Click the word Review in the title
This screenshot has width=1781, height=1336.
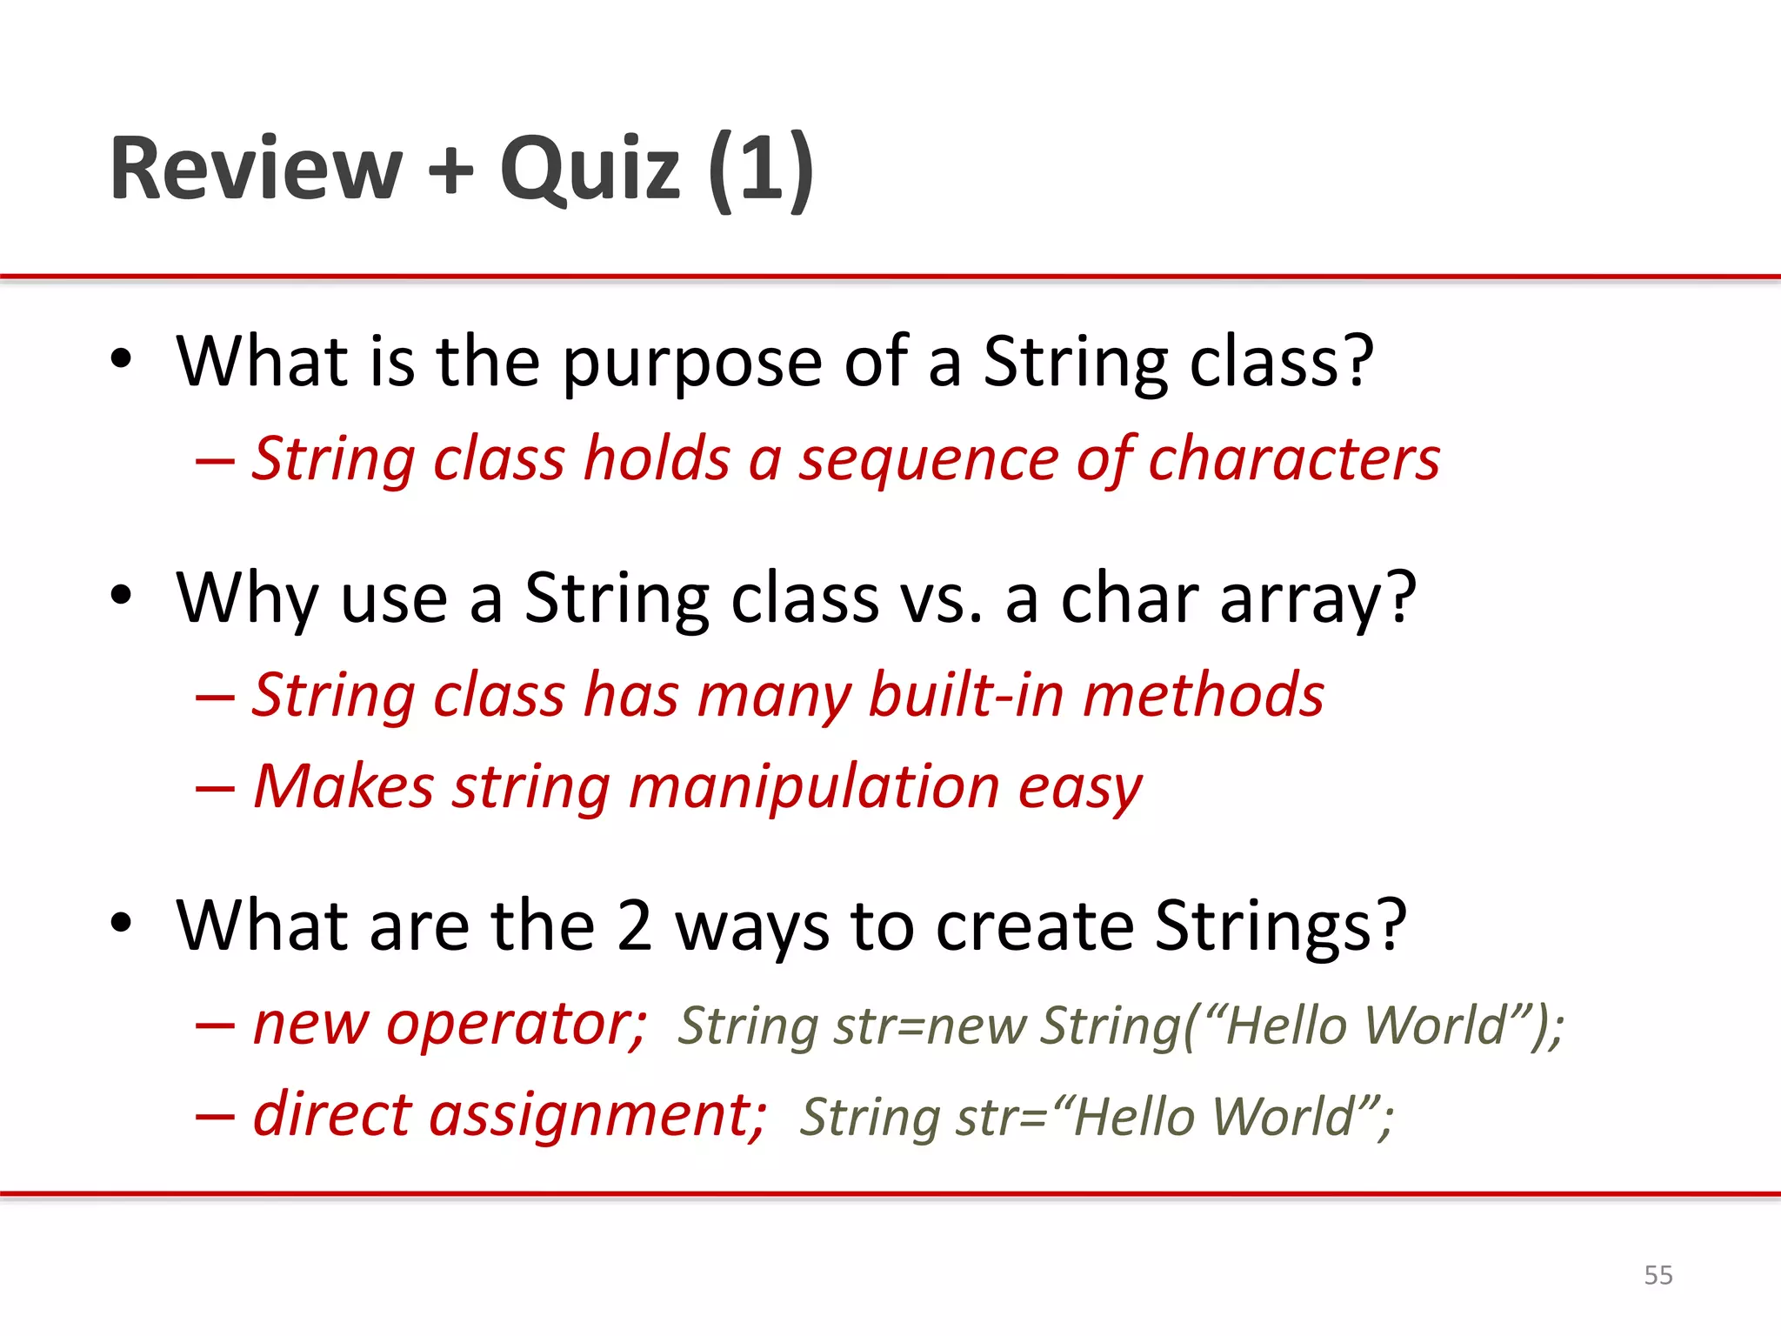pyautogui.click(x=256, y=169)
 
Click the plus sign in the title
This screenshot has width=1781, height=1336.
pyautogui.click(x=451, y=169)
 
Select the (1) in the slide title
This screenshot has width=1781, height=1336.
pyautogui.click(x=760, y=169)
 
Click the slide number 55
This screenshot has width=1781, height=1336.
pyautogui.click(x=1658, y=1275)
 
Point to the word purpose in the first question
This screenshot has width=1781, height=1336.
pyautogui.click(x=692, y=364)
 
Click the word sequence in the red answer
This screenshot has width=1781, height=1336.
pyautogui.click(x=927, y=460)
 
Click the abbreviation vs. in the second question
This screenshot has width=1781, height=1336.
pyautogui.click(x=942, y=598)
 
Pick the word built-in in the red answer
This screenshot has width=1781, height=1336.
pyautogui.click(x=965, y=696)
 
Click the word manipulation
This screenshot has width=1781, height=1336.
pyautogui.click(x=813, y=787)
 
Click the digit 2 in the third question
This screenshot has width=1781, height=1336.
pyautogui.click(x=634, y=925)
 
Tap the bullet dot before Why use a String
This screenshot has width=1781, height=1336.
pyautogui.click(x=121, y=597)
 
